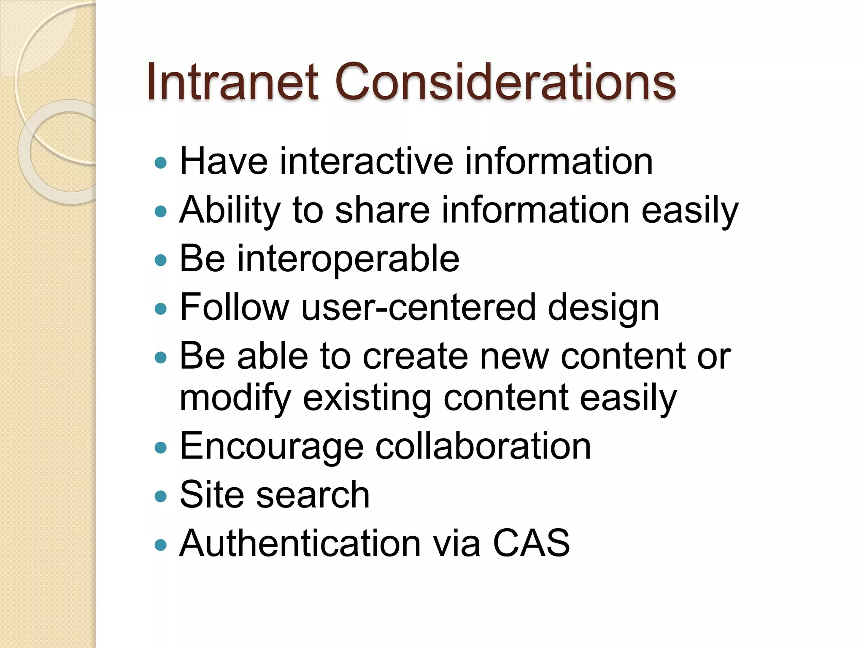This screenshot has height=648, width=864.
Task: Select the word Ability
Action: pos(230,211)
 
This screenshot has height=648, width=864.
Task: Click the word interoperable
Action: pos(348,259)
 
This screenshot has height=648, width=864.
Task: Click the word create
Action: pos(415,356)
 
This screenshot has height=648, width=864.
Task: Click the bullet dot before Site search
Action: pos(161,496)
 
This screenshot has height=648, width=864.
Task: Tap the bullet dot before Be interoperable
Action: pos(161,260)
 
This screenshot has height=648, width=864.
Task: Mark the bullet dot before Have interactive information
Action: pos(161,162)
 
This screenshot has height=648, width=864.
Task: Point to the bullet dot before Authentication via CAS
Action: pos(161,545)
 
